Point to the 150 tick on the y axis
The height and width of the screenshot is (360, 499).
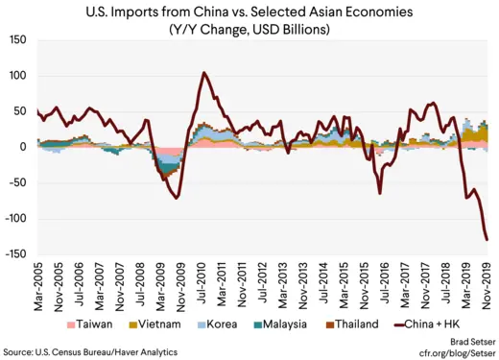tap(18, 39)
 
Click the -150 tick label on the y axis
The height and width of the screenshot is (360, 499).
tap(16, 254)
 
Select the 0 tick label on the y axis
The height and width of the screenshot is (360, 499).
tap(26, 147)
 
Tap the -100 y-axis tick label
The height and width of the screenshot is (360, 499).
tap(16, 219)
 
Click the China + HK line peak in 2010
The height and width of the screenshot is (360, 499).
tap(203, 72)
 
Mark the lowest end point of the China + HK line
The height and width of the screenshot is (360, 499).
tap(487, 240)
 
